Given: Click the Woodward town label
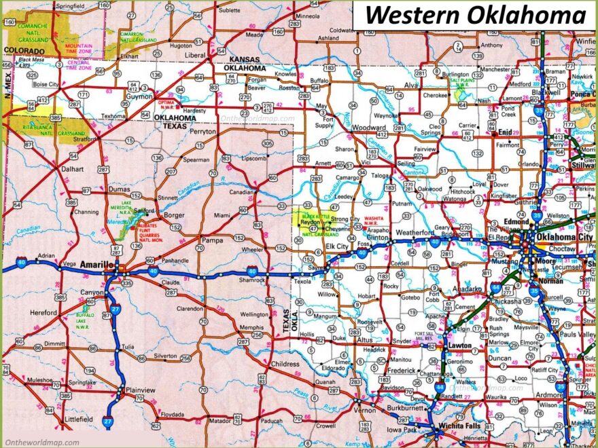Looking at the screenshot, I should coord(369,128).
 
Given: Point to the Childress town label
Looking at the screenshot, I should coord(285,365).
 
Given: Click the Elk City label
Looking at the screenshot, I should coord(336,246).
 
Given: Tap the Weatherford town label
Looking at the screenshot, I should coord(415,233).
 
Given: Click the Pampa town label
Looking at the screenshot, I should coord(213,240).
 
